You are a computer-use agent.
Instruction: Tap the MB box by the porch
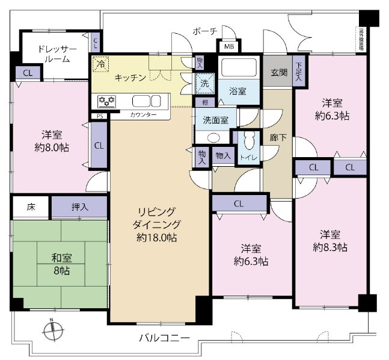pyautogui.click(x=229, y=46)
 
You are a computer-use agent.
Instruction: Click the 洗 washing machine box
pyautogui.click(x=205, y=84)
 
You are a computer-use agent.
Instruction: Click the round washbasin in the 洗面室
pyautogui.click(x=206, y=136)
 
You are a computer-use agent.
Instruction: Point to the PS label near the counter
pyautogui.click(x=99, y=116)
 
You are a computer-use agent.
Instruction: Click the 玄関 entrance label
pyautogui.click(x=278, y=72)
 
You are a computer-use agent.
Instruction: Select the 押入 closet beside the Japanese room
pyautogui.click(x=80, y=207)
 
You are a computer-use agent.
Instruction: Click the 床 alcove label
pyautogui.click(x=31, y=207)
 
